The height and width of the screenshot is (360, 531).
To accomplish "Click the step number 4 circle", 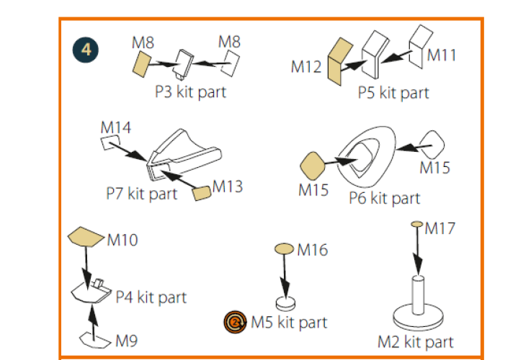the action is (86, 50).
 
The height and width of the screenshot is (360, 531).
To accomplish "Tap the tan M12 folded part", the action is (339, 62).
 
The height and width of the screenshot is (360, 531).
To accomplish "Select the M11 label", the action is (442, 55).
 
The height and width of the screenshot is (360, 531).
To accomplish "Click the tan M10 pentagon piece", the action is (86, 236).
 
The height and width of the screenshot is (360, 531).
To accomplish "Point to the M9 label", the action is (126, 341).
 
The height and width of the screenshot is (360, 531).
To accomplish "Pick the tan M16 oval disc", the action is (284, 248).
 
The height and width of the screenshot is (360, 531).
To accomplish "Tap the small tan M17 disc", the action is (417, 224).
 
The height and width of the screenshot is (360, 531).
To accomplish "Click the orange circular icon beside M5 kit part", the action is (235, 322).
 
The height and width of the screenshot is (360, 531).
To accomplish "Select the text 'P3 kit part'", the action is (190, 91).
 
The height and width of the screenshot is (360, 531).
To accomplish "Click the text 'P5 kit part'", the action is (393, 92).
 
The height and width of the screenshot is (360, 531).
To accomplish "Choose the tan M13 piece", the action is (202, 193).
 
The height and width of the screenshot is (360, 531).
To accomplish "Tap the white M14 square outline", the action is (110, 143).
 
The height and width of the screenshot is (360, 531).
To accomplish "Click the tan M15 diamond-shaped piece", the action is (313, 166).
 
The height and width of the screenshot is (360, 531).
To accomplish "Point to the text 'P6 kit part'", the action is (384, 198).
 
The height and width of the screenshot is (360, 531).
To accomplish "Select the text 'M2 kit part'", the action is (416, 342).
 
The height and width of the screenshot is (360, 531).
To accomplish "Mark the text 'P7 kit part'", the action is (141, 194).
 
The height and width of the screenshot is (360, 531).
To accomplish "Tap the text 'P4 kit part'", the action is (151, 297).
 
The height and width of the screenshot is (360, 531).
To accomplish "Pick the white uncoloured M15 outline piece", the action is (432, 145).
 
